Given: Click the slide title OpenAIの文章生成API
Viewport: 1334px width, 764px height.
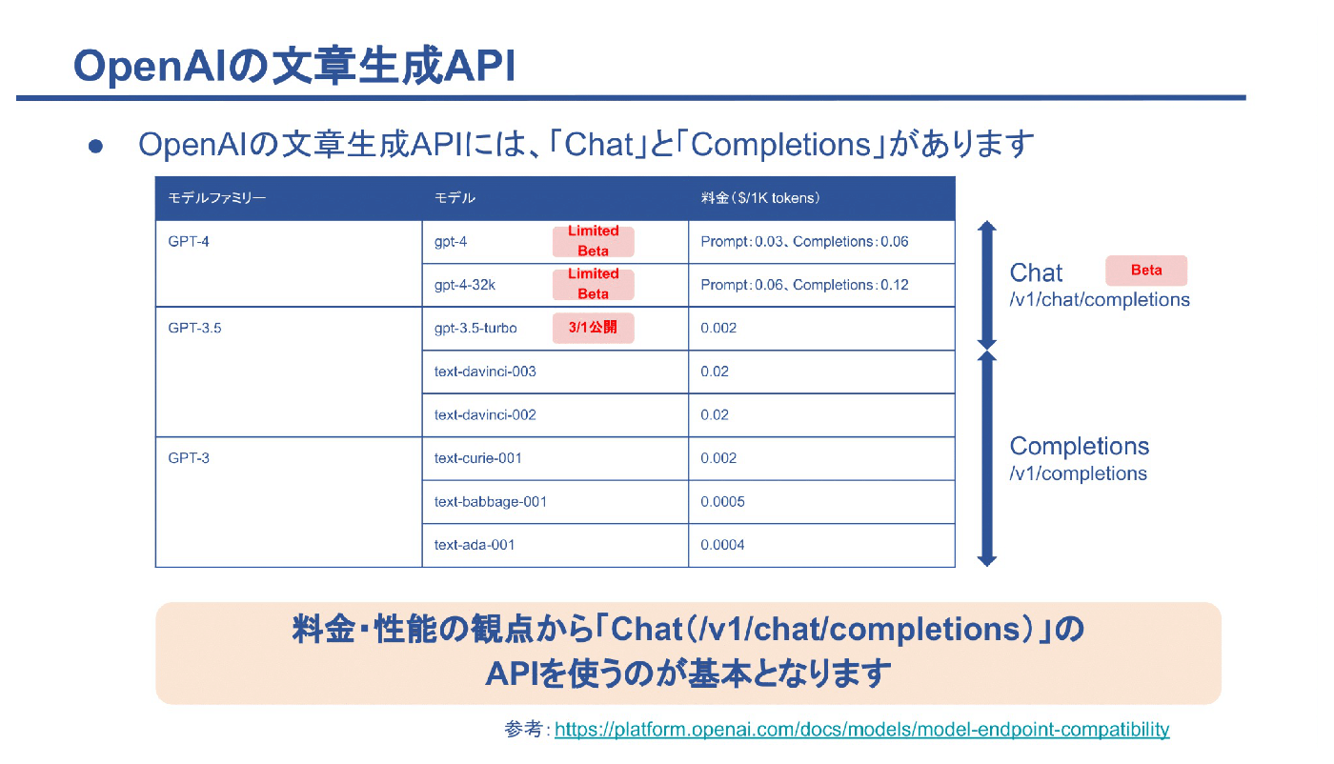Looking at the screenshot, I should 293,67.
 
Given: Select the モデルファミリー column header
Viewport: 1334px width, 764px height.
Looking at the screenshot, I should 216,198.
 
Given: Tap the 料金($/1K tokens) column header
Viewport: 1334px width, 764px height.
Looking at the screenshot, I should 760,198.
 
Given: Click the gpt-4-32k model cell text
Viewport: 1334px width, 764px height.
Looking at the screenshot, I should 464,285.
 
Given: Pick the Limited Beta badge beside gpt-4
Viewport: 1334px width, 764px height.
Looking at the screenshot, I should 593,241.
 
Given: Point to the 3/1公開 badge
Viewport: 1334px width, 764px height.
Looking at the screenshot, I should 593,328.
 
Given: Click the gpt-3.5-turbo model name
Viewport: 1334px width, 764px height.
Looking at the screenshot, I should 475,328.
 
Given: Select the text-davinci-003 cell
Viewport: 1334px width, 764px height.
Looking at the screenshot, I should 485,372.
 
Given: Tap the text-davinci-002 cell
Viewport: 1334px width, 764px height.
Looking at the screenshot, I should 485,414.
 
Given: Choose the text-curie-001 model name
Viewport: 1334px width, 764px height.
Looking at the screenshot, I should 477,458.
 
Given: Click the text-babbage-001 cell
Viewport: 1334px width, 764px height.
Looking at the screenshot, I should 490,501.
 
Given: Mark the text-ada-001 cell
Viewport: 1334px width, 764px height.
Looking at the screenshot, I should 475,545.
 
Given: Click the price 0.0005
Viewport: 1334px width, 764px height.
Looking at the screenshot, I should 722,501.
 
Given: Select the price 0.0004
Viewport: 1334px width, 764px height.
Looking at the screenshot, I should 722,545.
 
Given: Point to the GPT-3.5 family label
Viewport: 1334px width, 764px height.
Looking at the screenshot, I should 194,328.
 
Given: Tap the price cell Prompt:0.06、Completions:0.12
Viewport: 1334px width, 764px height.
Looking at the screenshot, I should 804,285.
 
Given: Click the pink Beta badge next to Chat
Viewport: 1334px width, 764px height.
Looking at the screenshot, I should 1145,271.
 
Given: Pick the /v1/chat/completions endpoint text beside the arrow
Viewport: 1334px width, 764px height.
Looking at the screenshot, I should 1100,300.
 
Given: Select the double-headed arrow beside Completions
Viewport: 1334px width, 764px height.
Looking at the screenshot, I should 987,458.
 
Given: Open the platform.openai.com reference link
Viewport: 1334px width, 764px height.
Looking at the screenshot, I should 861,730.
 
